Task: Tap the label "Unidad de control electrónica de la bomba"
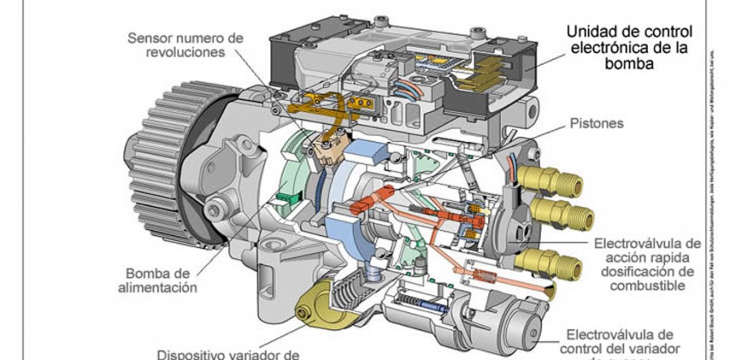629,47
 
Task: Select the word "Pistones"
598,124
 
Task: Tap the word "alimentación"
161,286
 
